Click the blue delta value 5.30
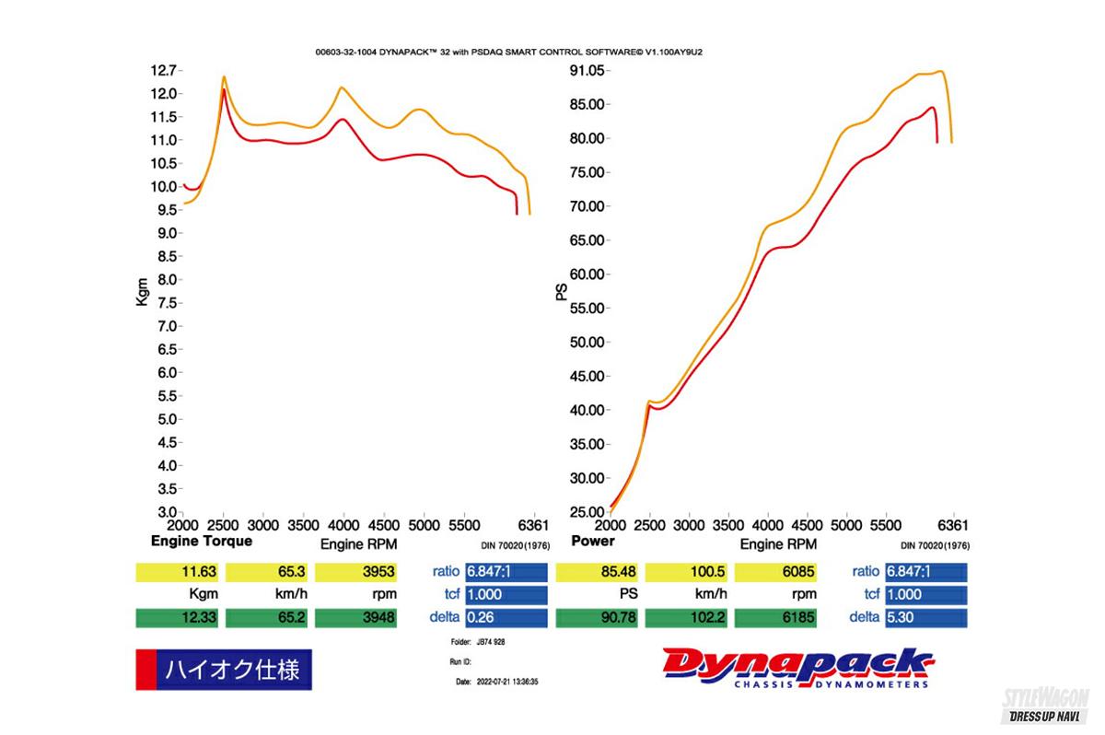pyautogui.click(x=925, y=618)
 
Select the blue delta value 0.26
pyautogui.click(x=506, y=618)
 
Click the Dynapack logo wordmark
pyautogui.click(x=797, y=665)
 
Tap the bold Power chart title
pyautogui.click(x=592, y=542)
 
